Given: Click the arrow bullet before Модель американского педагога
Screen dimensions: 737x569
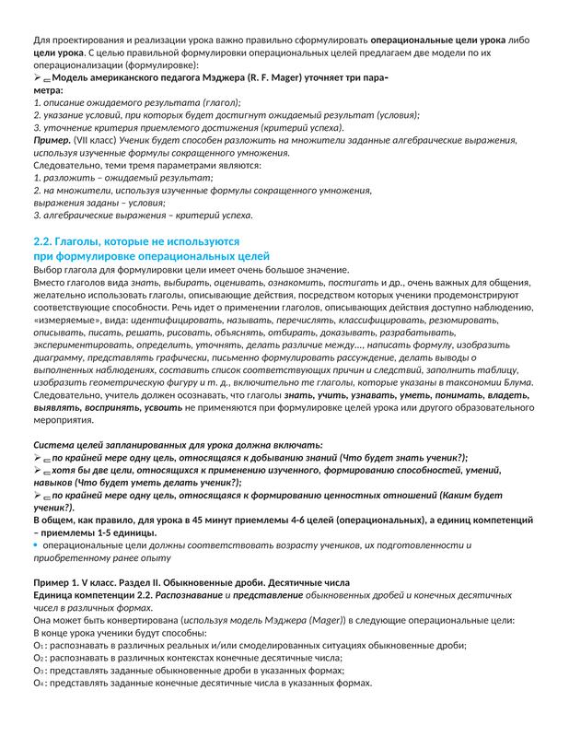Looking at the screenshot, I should point(38,80).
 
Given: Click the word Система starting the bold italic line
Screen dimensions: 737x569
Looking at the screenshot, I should point(55,444).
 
